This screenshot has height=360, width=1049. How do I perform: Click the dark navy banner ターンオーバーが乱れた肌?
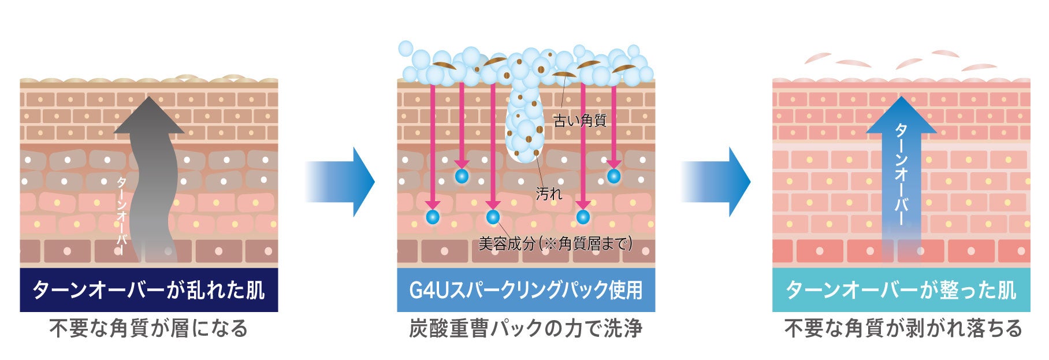148,290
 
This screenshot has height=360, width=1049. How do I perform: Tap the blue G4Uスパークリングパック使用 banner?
526,290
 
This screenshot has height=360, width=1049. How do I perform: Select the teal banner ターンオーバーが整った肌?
901,290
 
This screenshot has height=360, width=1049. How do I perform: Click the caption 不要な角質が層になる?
148,328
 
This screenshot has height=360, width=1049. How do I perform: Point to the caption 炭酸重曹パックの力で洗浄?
526,328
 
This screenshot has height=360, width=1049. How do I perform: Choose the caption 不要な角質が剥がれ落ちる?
903,328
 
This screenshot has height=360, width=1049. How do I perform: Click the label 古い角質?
579,121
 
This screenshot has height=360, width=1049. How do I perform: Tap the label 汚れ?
549,194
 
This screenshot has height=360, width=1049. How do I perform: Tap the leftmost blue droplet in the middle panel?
433,217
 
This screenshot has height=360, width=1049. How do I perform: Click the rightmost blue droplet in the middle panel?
613,176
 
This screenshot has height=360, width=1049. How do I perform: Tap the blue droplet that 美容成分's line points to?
493,217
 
